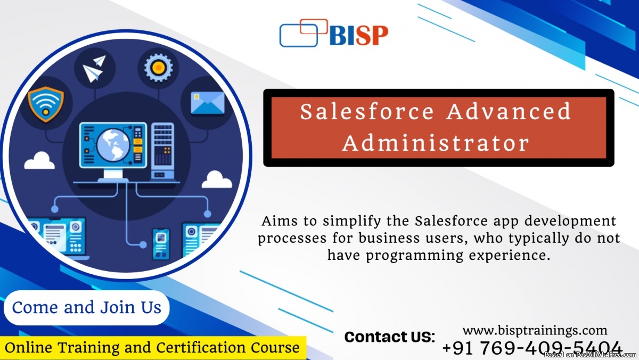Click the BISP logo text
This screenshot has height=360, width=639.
(359, 35)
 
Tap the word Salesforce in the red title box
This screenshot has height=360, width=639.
(367, 111)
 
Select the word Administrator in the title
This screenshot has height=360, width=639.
(436, 143)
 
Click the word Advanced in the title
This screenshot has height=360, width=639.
(509, 111)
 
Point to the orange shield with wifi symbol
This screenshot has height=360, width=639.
(46, 104)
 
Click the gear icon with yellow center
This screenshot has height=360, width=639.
(158, 68)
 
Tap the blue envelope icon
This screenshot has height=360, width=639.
(208, 103)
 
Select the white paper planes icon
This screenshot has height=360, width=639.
(94, 69)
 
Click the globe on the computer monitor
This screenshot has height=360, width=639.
(113, 145)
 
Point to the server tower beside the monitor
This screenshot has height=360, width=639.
(162, 151)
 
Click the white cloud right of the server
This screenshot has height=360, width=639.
(217, 179)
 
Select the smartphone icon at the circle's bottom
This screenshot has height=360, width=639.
(161, 244)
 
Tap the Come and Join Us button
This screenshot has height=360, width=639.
(87, 308)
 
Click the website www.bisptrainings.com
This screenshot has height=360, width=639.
(535, 330)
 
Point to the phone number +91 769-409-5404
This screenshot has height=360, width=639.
(532, 348)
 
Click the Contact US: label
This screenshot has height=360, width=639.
(390, 337)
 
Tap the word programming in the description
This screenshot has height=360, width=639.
(414, 256)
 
